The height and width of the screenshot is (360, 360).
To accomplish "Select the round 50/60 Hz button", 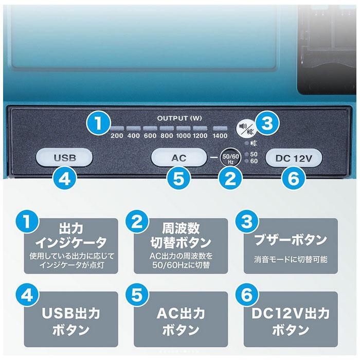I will [x=229, y=156].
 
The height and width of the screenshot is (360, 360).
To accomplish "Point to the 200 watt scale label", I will [x=116, y=136].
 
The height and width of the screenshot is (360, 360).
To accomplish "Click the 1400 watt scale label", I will [x=219, y=136].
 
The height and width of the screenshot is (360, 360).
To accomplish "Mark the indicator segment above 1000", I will [x=183, y=128].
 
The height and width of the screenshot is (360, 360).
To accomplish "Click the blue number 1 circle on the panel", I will [x=98, y=124].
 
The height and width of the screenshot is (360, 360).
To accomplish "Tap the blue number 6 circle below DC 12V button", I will [x=291, y=178].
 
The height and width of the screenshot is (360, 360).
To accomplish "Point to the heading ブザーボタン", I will [x=291, y=240].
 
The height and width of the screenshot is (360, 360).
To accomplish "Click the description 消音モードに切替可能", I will [x=291, y=260].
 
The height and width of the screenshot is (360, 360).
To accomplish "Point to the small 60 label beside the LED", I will [x=254, y=161].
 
